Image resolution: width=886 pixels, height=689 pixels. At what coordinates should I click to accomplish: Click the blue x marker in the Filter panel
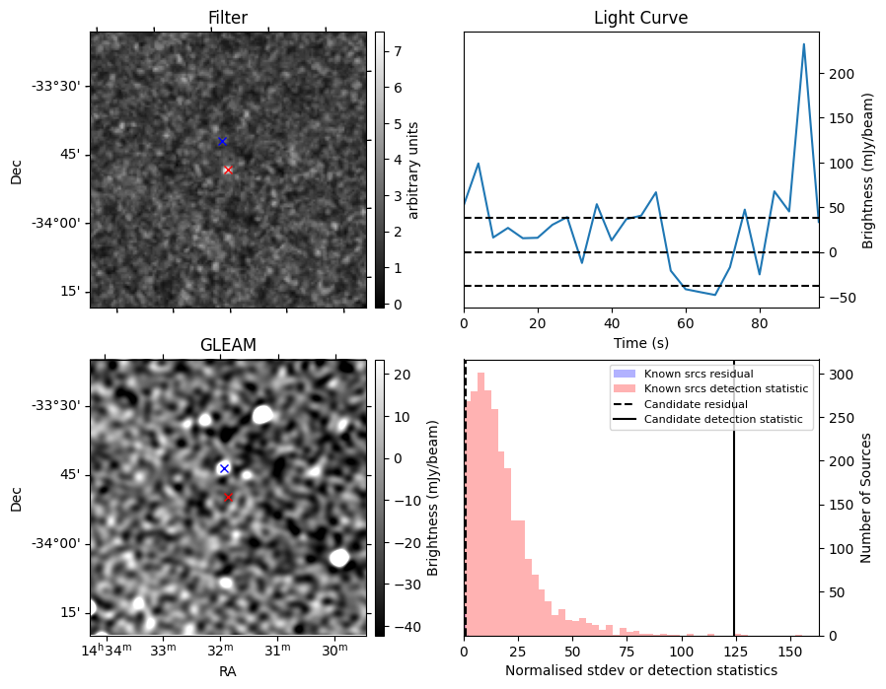click(x=222, y=142)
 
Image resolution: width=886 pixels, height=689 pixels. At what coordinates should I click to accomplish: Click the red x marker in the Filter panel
click(x=228, y=170)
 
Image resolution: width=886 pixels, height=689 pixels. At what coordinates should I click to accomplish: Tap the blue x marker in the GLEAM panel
click(x=224, y=468)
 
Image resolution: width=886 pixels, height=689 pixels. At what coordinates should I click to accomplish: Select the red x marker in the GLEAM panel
click(x=228, y=497)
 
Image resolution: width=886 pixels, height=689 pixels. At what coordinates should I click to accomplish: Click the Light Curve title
click(x=640, y=19)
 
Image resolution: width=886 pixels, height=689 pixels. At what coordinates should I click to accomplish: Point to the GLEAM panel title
click(x=228, y=345)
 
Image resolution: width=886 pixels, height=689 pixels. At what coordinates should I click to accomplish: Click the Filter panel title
click(x=228, y=19)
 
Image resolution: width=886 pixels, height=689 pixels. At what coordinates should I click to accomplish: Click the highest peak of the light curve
click(x=804, y=44)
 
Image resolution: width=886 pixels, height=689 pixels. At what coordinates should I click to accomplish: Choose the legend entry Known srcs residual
click(x=698, y=374)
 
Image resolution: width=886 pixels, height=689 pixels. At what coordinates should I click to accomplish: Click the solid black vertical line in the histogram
click(x=734, y=493)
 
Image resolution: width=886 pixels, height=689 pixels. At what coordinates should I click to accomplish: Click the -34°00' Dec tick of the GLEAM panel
click(x=59, y=543)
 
